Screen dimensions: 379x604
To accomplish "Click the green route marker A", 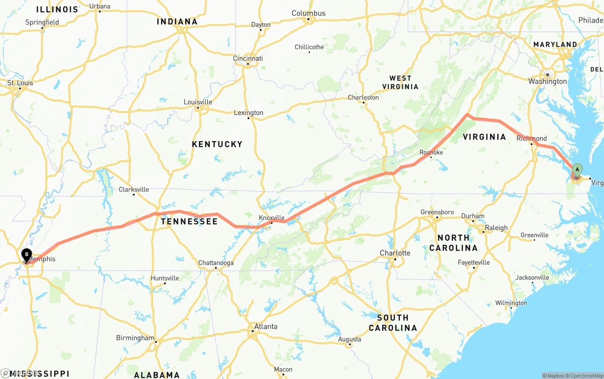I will [x=577, y=170].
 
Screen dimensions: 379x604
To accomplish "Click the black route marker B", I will [x=26, y=254].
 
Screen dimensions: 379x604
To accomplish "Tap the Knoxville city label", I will [x=271, y=218].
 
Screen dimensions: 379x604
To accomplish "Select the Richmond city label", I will [x=531, y=138].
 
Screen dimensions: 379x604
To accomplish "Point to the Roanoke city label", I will [x=431, y=152].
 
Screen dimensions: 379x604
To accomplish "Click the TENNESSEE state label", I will [x=189, y=221].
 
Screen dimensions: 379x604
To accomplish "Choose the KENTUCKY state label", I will [x=217, y=144].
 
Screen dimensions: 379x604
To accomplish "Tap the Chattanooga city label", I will [x=216, y=263].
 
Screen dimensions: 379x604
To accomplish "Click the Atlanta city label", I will [x=266, y=327].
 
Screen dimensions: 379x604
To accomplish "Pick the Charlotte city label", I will [x=395, y=253].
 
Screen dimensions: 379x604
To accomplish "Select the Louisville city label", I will [x=198, y=102].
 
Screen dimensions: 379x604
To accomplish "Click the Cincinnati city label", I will [x=248, y=59].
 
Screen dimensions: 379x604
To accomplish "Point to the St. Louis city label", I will [x=20, y=83].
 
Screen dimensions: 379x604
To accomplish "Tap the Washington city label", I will [x=547, y=82].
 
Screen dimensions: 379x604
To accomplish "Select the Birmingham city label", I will [x=135, y=338].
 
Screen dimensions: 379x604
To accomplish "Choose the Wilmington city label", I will [x=511, y=303].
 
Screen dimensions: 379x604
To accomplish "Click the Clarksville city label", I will [x=134, y=190].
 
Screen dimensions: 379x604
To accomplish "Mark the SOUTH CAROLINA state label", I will [x=393, y=323].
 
